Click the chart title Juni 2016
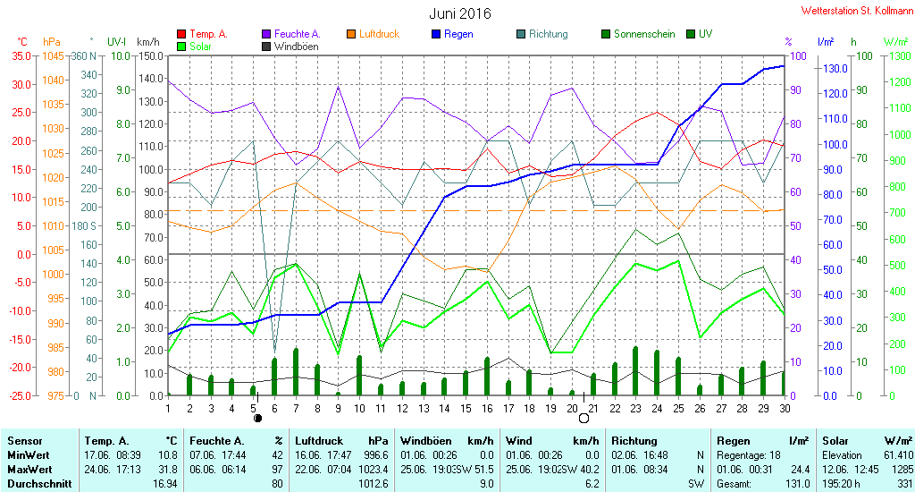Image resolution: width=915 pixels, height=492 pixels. click(460, 13)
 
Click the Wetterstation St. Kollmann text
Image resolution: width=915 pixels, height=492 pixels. click(857, 11)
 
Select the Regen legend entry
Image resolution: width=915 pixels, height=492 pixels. click(452, 34)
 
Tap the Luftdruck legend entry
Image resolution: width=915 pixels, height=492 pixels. click(373, 34)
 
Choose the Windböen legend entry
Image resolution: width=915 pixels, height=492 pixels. click(290, 47)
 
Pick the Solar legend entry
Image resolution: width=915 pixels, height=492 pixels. click(194, 47)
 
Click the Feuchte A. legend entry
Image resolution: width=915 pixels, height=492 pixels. click(291, 34)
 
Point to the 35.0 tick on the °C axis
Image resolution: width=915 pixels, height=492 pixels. click(21, 56)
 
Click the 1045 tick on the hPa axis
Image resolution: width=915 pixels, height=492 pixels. click(53, 56)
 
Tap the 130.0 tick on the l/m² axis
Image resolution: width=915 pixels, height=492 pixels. click(835, 68)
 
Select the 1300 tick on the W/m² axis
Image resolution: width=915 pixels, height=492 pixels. click(897, 56)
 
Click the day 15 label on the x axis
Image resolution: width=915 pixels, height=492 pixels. click(466, 409)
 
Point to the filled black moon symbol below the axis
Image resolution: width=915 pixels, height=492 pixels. click(258, 418)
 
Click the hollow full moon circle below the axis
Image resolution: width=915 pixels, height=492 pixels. click(583, 418)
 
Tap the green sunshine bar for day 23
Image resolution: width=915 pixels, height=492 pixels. click(635, 371)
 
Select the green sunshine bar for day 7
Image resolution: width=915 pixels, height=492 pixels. click(296, 372)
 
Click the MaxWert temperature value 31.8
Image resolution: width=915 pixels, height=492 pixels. click(168, 470)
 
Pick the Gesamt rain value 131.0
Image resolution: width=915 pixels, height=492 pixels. click(798, 484)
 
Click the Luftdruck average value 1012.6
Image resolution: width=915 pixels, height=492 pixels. click(376, 484)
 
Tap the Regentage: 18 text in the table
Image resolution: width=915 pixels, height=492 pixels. click(749, 455)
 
